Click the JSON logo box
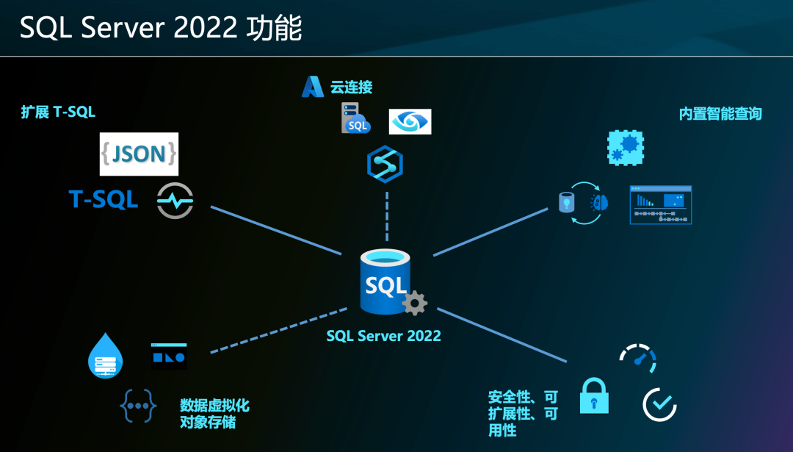(139, 154)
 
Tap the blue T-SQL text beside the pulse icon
(104, 199)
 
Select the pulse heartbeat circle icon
(175, 201)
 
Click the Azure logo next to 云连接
(313, 87)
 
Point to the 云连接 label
(351, 87)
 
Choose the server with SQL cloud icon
(355, 118)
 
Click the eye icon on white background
(410, 122)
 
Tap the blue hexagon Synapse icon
(385, 165)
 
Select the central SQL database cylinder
(385, 281)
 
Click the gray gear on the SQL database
(415, 303)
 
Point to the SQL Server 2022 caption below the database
(383, 336)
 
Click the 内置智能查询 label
(720, 114)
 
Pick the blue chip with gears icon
(626, 147)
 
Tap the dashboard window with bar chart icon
(660, 204)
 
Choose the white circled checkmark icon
(659, 404)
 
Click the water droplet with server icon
(105, 356)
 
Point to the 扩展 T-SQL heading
(58, 112)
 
